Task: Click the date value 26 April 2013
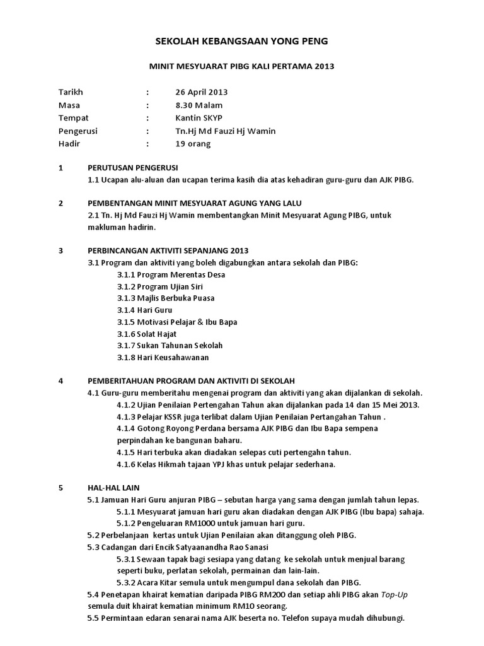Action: click(202, 91)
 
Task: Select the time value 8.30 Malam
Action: click(199, 105)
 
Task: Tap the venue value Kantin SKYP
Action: click(199, 118)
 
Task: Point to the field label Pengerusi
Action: click(78, 131)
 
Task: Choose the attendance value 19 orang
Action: click(193, 144)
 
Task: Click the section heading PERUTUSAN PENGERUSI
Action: click(133, 168)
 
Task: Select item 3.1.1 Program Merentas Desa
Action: click(171, 274)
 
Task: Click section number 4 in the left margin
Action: click(60, 381)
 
